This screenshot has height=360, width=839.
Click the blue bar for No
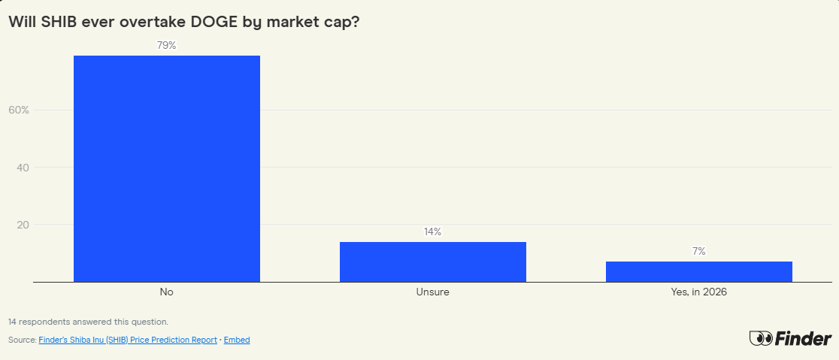point(167,168)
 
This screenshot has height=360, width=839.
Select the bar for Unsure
point(432,262)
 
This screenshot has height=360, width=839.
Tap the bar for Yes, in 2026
point(698,271)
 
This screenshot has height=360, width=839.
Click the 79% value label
point(167,46)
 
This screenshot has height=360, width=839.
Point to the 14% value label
point(432,231)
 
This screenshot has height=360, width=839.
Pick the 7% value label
point(699,251)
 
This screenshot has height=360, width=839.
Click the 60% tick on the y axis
point(19,110)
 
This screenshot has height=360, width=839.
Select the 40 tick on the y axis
point(23,168)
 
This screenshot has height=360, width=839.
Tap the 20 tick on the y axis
point(23,225)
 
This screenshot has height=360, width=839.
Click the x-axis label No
point(167,292)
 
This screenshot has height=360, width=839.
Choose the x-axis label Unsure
point(432,292)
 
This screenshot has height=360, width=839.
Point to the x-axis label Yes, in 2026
point(698,292)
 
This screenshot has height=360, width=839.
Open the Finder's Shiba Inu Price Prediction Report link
point(127,340)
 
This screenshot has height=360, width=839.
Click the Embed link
point(237,340)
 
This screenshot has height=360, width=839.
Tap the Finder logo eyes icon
point(761,339)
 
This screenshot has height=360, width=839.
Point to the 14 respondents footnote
point(88,322)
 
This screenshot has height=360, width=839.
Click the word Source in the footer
point(21,340)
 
